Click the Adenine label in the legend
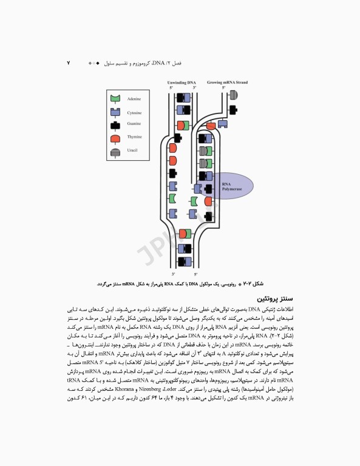[134, 98]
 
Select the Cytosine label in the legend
[135, 113]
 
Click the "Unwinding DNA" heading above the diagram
[183, 82]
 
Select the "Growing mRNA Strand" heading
[227, 82]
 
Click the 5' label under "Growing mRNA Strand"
[223, 88]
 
